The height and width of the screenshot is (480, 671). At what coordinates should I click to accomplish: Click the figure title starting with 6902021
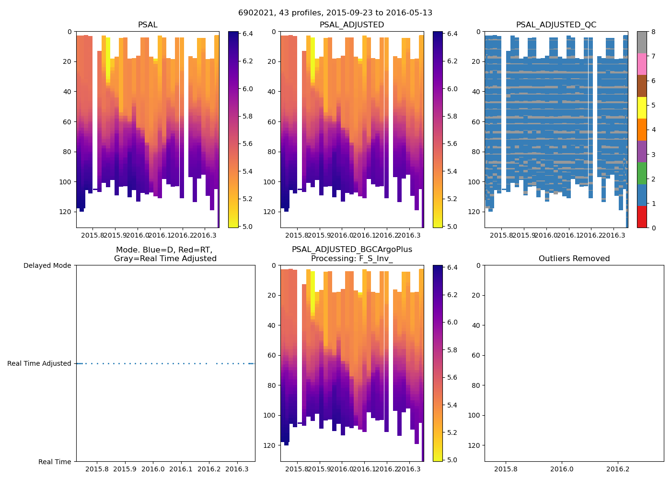(335, 13)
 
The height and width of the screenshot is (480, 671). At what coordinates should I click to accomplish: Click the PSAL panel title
(148, 25)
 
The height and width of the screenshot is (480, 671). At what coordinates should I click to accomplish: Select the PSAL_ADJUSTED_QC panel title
(556, 25)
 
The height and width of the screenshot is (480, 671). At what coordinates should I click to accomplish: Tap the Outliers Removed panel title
(574, 259)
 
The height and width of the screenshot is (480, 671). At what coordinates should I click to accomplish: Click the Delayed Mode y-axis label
(47, 265)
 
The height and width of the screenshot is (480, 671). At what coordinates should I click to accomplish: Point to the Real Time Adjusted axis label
(39, 364)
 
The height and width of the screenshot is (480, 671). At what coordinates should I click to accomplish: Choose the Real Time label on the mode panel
(55, 462)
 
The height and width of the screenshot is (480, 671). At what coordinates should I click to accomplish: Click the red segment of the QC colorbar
(642, 216)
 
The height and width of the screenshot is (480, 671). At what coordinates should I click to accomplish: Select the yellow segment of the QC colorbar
(642, 108)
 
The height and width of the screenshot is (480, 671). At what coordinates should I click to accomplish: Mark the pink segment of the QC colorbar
(642, 64)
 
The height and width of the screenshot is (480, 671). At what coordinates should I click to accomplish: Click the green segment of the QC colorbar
(642, 173)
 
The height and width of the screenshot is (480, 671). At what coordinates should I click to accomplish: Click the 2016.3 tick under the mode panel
(236, 468)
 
